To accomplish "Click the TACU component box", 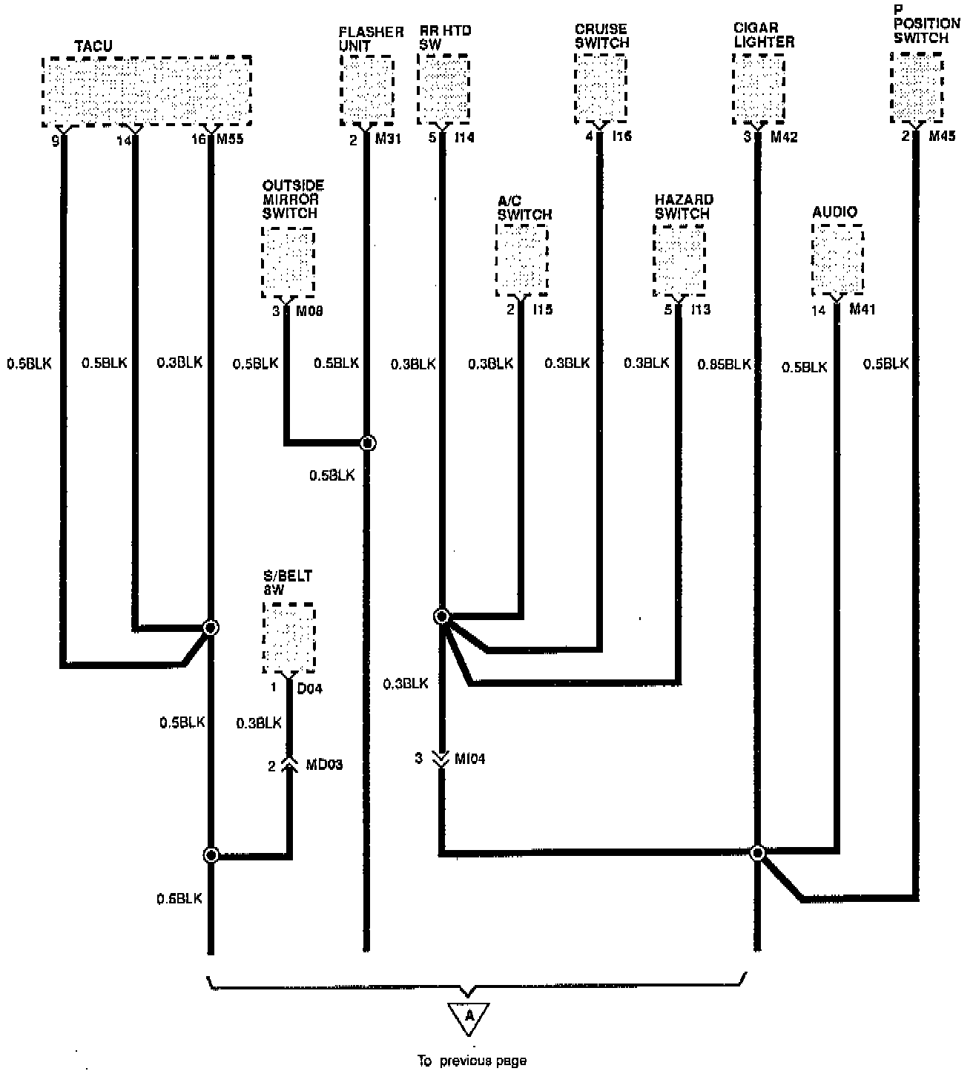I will coord(146,91).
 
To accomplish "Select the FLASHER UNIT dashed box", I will coord(366,91).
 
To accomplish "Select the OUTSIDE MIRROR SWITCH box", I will coord(288,262).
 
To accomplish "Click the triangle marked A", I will coord(469,1018).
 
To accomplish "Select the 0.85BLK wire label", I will coord(724,364).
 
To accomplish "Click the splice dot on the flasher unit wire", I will coord(367,444).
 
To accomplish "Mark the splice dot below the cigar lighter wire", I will coord(757,853).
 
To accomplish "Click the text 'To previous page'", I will coord(471,1061).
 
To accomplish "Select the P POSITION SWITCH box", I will coord(917,87).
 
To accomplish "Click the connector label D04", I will coord(309,688).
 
